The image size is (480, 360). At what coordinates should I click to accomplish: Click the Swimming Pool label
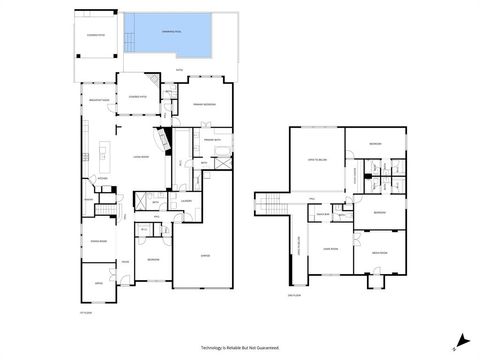point(170,31)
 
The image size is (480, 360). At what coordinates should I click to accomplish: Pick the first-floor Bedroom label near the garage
point(153,259)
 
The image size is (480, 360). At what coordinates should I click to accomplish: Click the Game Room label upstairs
point(326,249)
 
